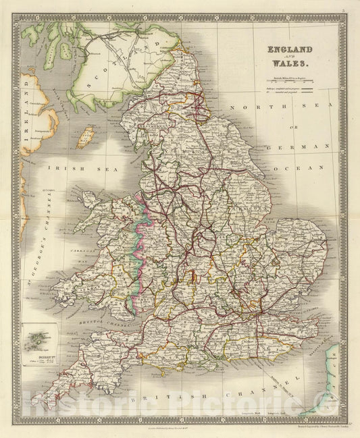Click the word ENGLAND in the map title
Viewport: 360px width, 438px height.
pos(290,50)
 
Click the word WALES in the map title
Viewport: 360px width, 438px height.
pos(290,63)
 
